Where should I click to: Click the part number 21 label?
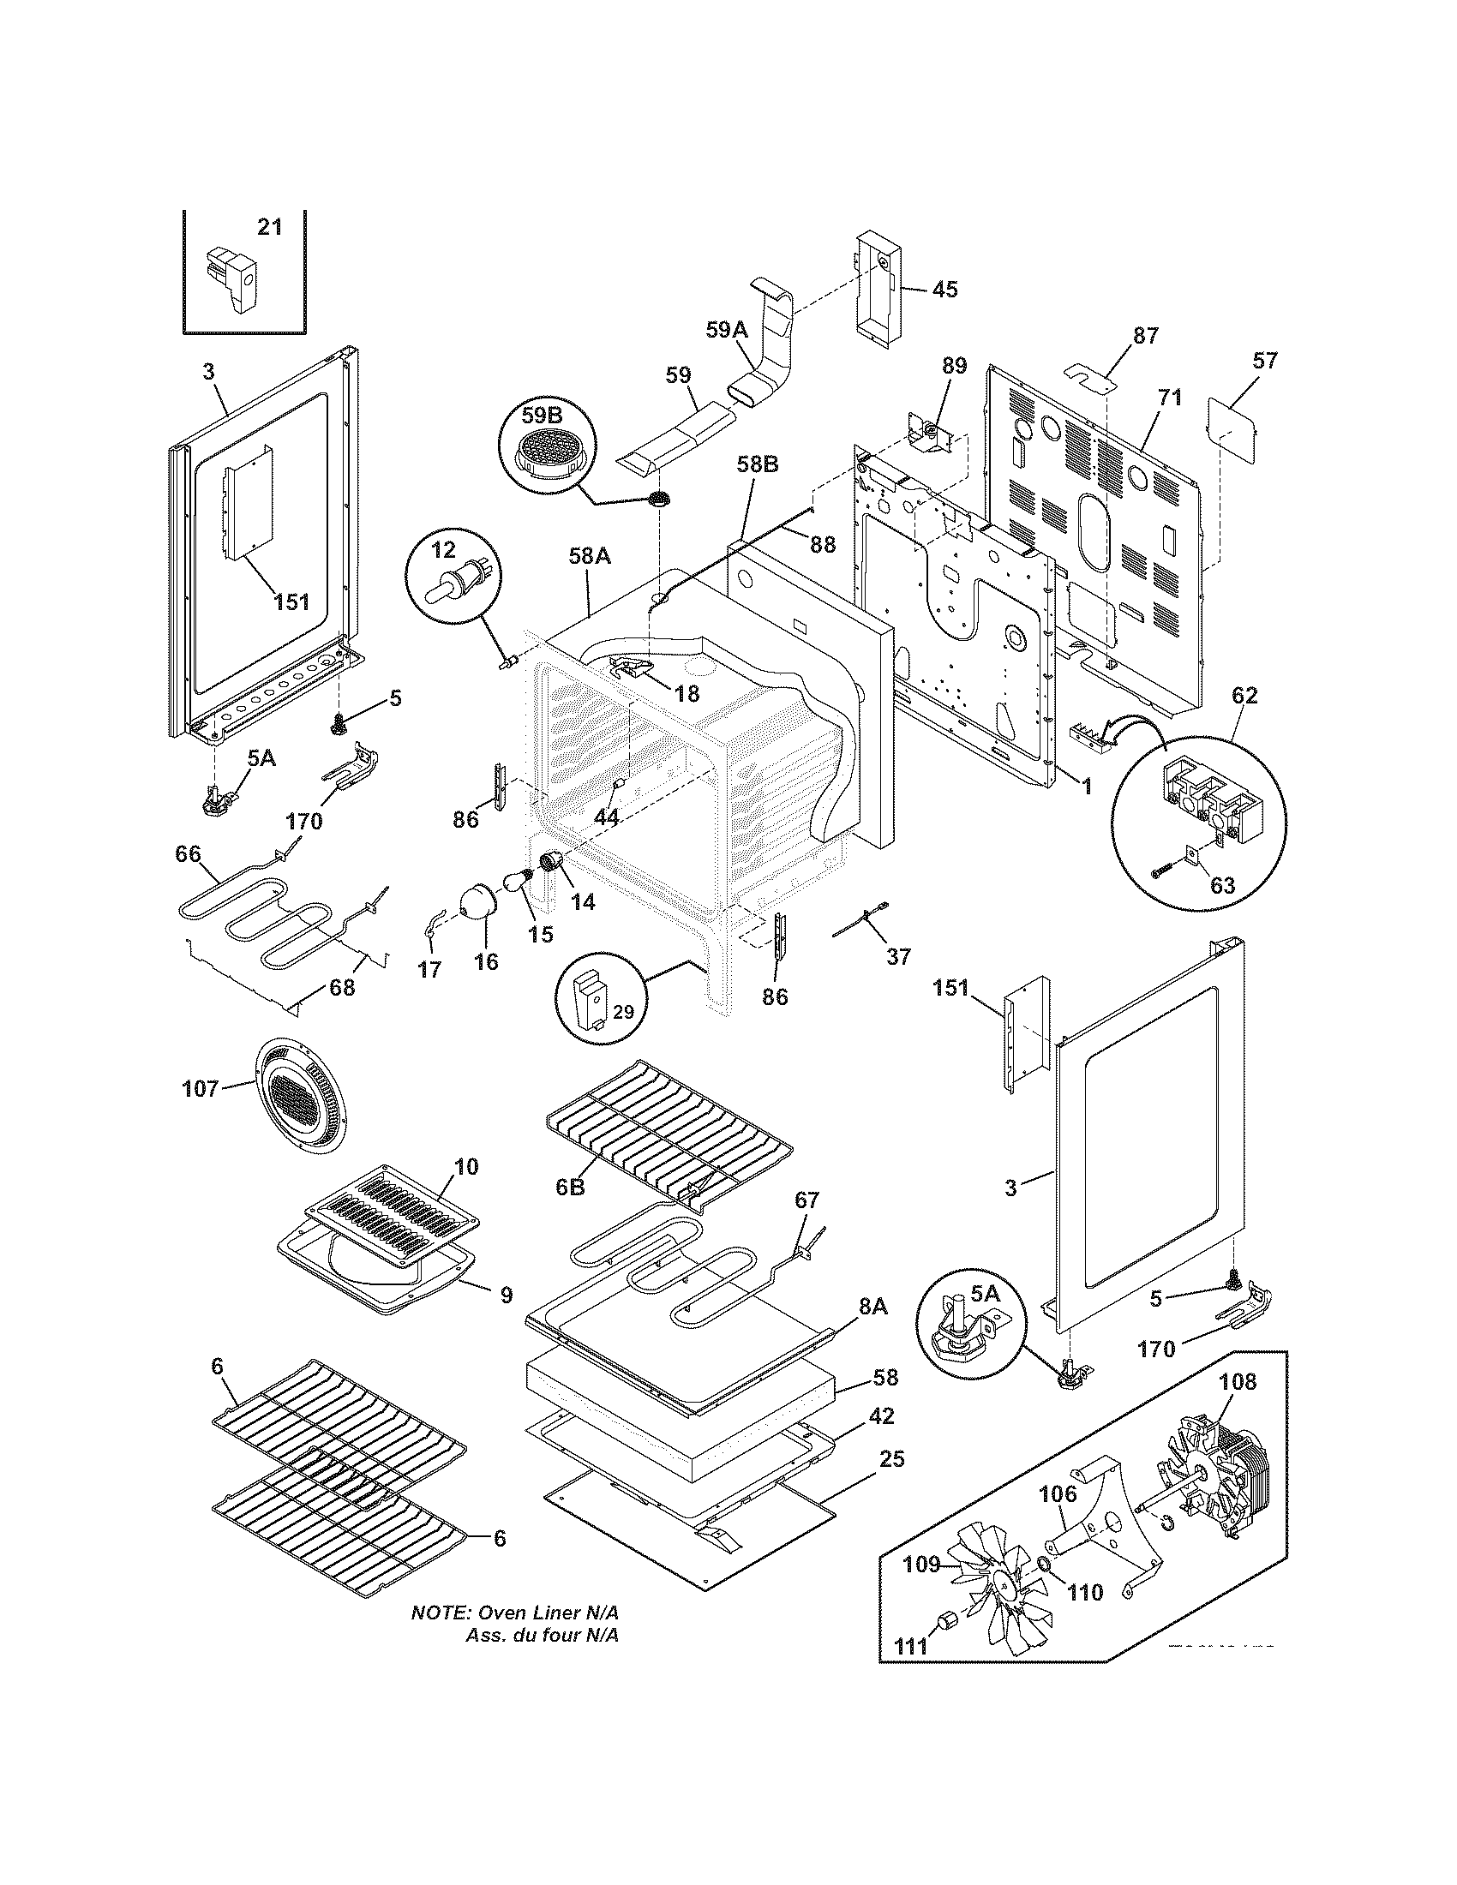click(270, 227)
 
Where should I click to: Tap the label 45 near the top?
click(944, 289)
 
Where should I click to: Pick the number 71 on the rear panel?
click(1171, 398)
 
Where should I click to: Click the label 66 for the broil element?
click(188, 854)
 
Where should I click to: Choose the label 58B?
click(758, 464)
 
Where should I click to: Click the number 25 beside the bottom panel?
click(892, 1458)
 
